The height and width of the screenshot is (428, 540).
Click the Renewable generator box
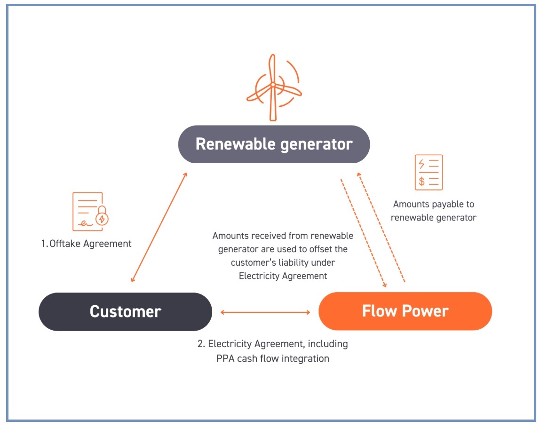pyautogui.click(x=274, y=144)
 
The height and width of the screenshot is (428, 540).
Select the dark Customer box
pyautogui.click(x=125, y=311)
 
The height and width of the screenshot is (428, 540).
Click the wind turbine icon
pyautogui.click(x=272, y=87)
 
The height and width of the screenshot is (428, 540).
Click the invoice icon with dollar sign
pyautogui.click(x=429, y=172)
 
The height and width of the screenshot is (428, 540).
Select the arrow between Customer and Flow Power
pyautogui.click(x=265, y=312)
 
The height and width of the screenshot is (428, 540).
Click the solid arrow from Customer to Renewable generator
pyautogui.click(x=159, y=227)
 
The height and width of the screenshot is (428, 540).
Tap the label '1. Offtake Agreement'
pyautogui.click(x=86, y=244)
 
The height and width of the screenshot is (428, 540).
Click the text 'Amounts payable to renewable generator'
pyautogui.click(x=433, y=211)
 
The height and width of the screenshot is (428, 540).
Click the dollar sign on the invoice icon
pyautogui.click(x=422, y=181)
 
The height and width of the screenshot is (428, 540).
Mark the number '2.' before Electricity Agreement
pyautogui.click(x=201, y=344)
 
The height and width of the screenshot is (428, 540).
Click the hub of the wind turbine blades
pyautogui.click(x=272, y=85)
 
